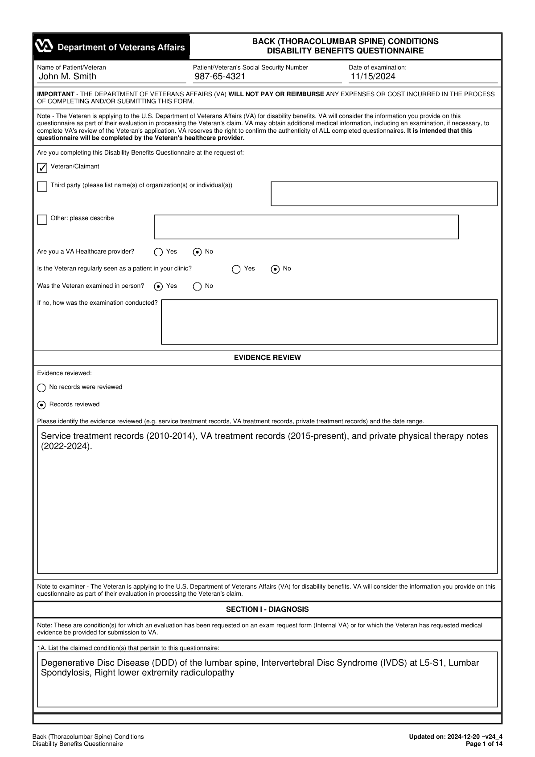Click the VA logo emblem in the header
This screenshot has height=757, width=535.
pyautogui.click(x=44, y=46)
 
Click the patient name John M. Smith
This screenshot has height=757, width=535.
pyautogui.click(x=67, y=77)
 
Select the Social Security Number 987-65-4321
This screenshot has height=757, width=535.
pyautogui.click(x=220, y=77)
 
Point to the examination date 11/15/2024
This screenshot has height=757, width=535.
pyautogui.click(x=373, y=77)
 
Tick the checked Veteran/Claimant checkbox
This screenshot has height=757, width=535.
pyautogui.click(x=42, y=168)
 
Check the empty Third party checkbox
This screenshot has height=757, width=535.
pyautogui.click(x=42, y=186)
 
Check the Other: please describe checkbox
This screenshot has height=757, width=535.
pyautogui.click(x=42, y=219)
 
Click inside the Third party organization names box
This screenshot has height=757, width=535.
pyautogui.click(x=384, y=194)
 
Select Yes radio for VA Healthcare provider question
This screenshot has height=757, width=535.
pyautogui.click(x=158, y=252)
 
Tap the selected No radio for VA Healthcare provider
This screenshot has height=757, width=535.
pyautogui.click(x=197, y=252)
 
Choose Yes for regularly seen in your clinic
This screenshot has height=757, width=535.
pyautogui.click(x=236, y=269)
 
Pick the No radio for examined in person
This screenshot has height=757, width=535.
pyautogui.click(x=197, y=286)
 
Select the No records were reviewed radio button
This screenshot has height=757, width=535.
pyautogui.click(x=41, y=388)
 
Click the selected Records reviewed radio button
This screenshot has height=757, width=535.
pyautogui.click(x=41, y=405)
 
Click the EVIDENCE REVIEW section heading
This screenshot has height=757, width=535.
pyautogui.click(x=267, y=358)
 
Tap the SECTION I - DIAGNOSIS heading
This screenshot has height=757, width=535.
pyautogui.click(x=267, y=610)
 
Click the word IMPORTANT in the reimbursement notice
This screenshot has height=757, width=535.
pyautogui.click(x=56, y=94)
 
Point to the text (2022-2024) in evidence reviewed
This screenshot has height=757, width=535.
pyautogui.click(x=66, y=446)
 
